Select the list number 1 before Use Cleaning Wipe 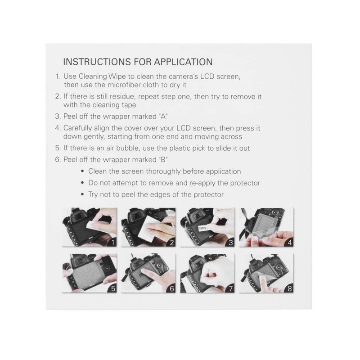click(x=57, y=77)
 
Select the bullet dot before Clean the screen click(x=82, y=171)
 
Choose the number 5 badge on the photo click(x=114, y=288)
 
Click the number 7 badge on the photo click(x=230, y=288)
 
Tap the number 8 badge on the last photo click(x=288, y=288)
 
